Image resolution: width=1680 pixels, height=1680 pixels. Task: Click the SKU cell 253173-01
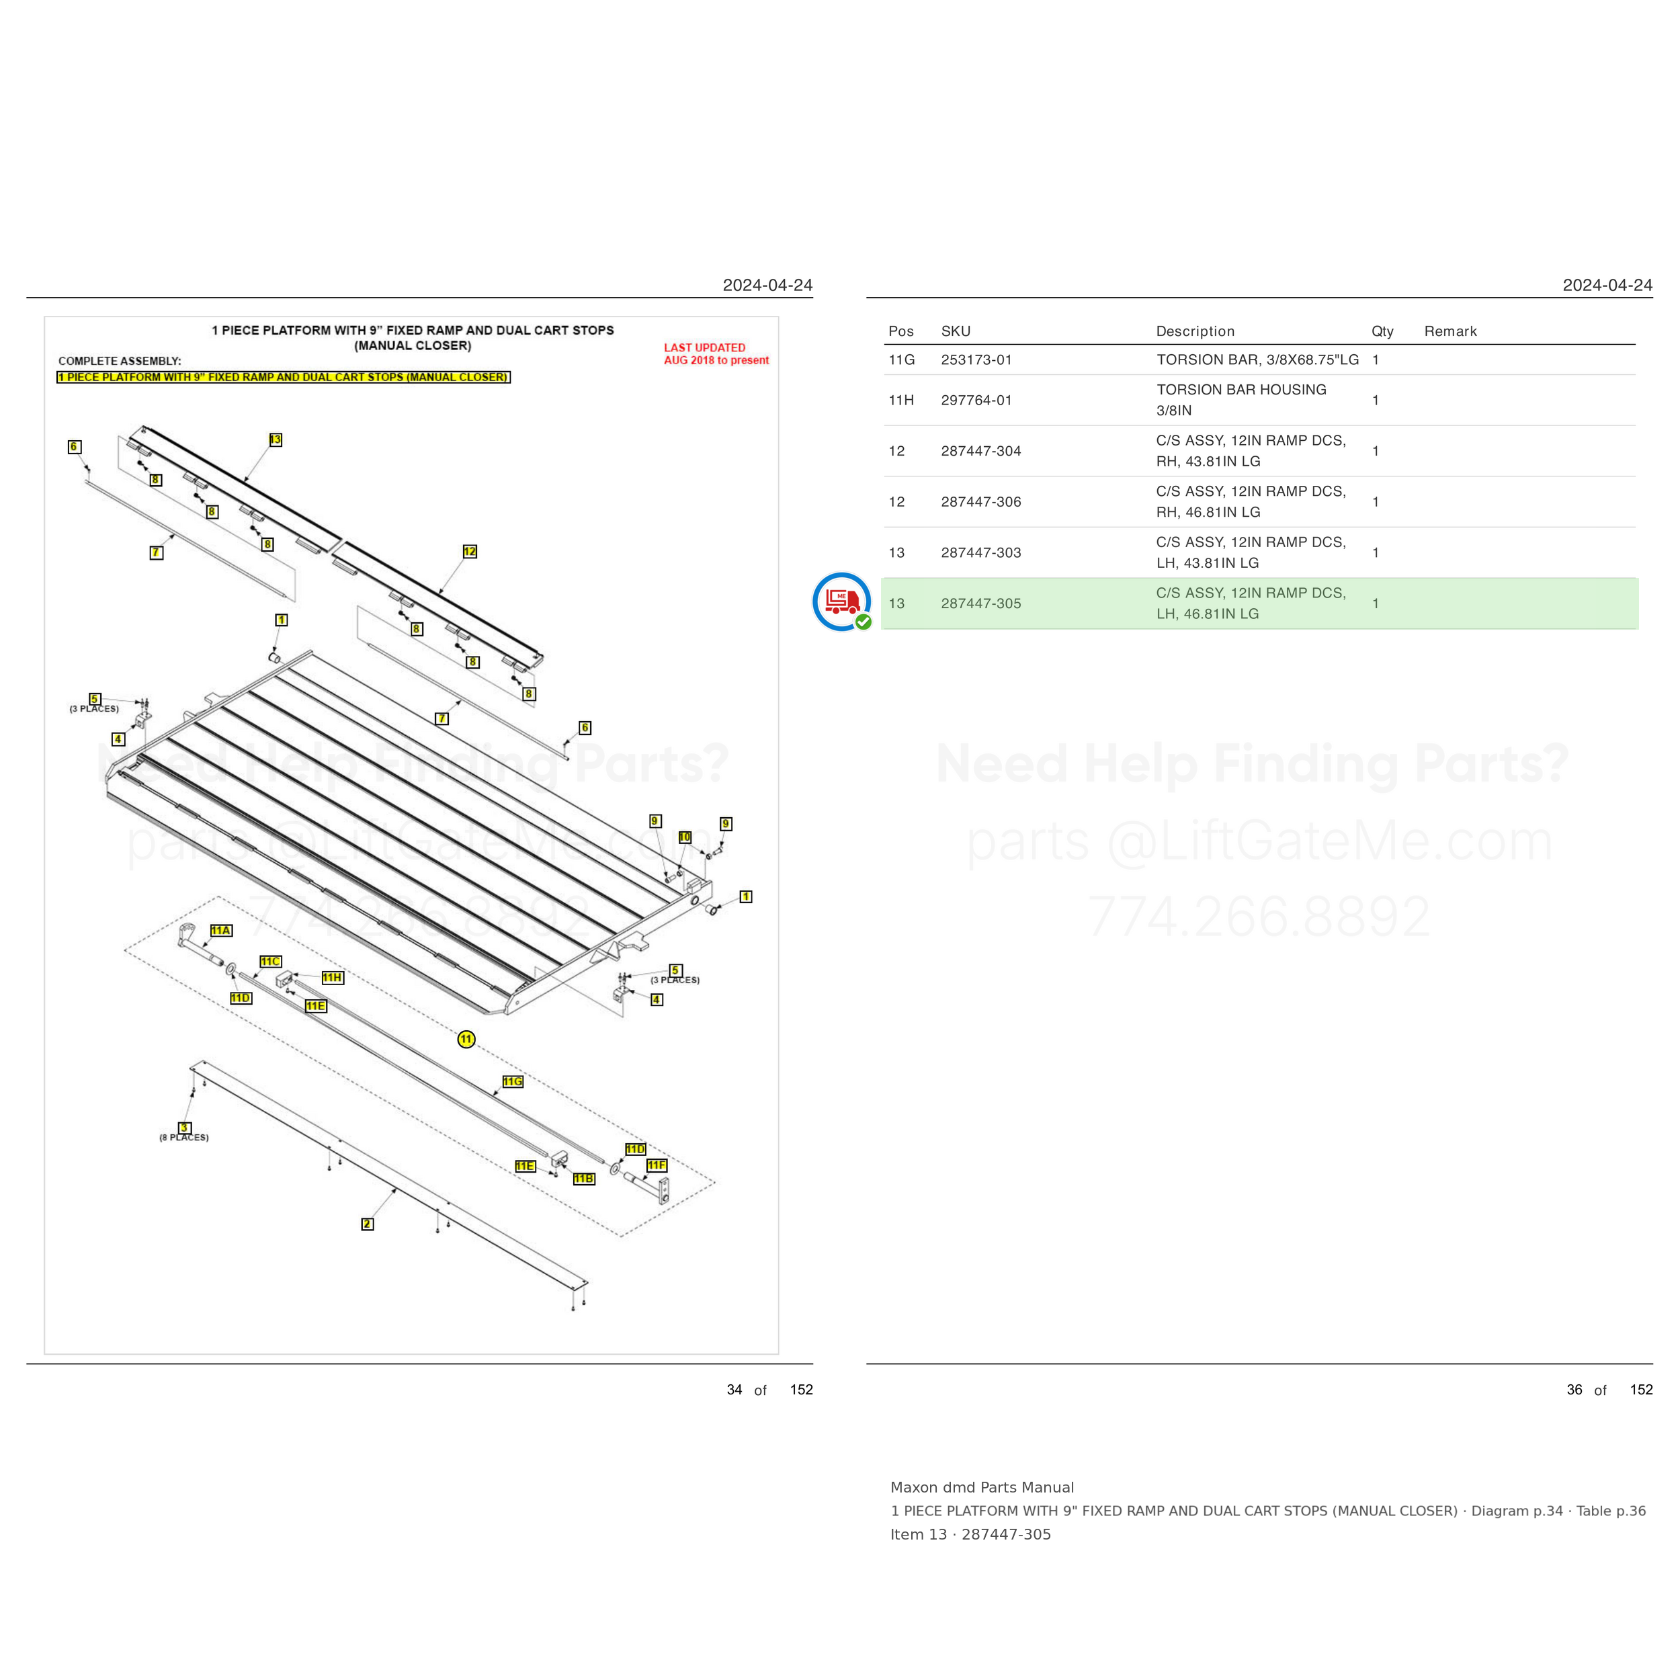click(976, 360)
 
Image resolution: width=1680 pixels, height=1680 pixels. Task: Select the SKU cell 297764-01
click(976, 400)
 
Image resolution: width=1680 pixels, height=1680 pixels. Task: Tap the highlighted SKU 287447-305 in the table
click(981, 603)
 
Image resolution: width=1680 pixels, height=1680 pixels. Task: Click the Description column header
click(1195, 331)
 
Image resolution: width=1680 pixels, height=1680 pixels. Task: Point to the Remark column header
click(1450, 331)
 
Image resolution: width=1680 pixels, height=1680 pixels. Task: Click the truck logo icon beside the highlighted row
click(842, 601)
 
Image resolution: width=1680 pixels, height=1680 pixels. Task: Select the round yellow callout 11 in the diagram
click(467, 1039)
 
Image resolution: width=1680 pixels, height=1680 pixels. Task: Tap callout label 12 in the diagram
click(470, 551)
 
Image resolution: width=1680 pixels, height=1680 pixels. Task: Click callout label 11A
click(221, 931)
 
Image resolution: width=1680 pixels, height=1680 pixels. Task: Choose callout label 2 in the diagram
click(367, 1224)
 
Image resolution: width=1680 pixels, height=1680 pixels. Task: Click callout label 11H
click(332, 977)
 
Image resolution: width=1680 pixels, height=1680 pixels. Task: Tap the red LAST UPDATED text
click(704, 348)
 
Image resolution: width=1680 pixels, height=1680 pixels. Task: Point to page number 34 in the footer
click(734, 1390)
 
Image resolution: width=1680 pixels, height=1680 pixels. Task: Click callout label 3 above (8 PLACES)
click(184, 1128)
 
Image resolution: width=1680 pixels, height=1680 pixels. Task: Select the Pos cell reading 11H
click(901, 400)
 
